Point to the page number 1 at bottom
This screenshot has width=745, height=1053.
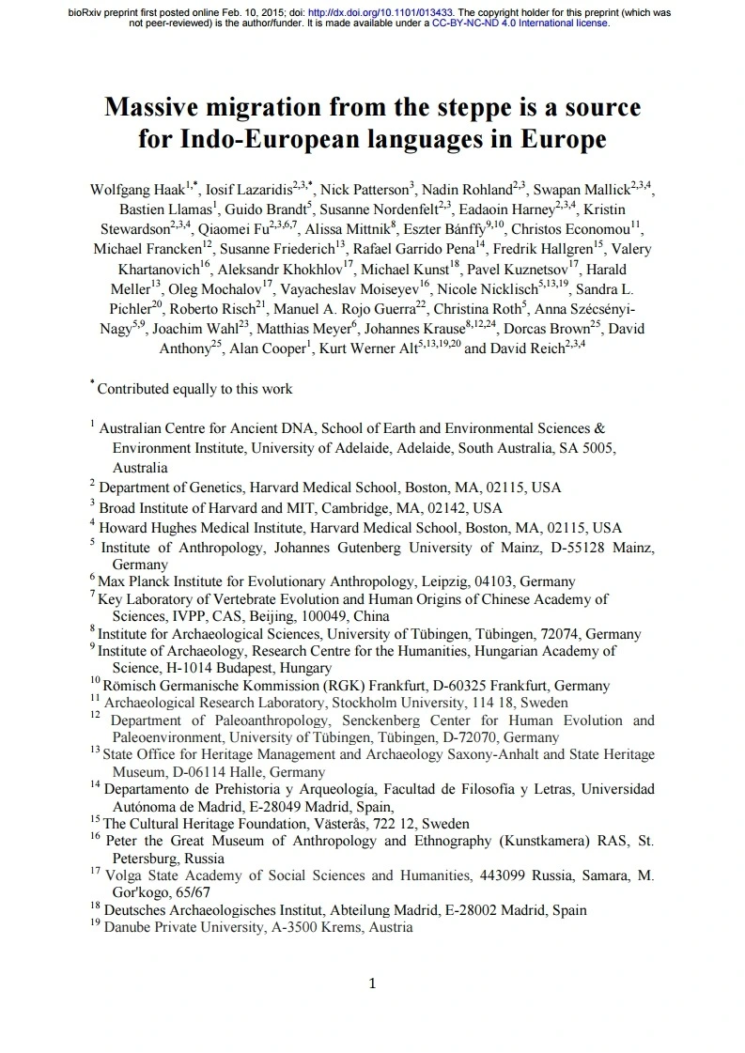pos(373,983)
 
